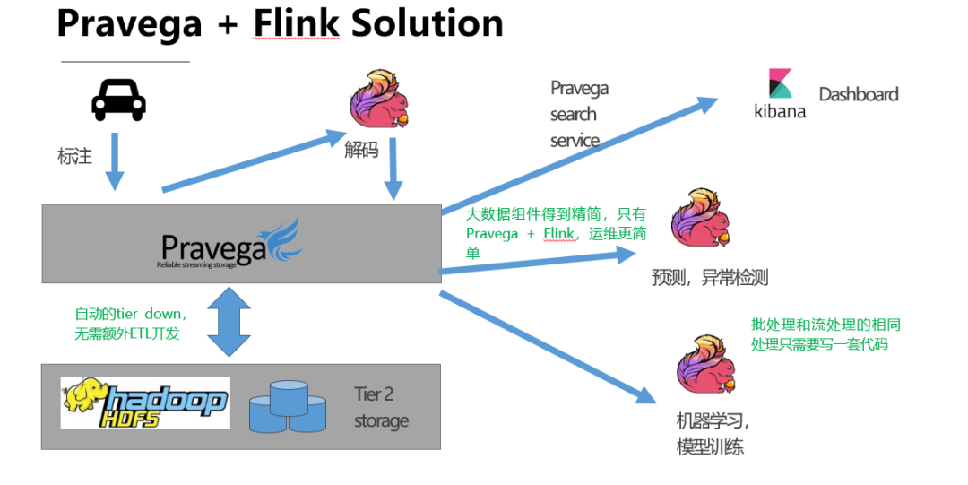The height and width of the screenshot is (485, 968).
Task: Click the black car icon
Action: coord(118,100)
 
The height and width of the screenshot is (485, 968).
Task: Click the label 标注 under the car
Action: coord(75,156)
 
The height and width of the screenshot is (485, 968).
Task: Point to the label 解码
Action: coord(361,150)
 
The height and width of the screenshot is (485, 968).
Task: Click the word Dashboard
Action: coord(858,94)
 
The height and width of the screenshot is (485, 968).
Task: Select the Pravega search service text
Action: coord(579,114)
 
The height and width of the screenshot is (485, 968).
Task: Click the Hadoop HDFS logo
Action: coord(145,403)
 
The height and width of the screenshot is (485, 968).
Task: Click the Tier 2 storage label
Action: coord(381,407)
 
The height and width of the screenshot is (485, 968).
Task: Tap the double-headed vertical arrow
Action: coord(230,321)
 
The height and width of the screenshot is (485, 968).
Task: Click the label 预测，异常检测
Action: coord(710,277)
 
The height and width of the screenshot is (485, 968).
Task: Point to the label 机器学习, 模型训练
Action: coord(712,433)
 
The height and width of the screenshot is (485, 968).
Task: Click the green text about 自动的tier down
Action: coord(131,324)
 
